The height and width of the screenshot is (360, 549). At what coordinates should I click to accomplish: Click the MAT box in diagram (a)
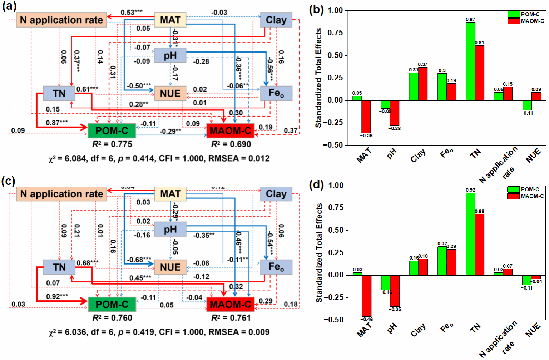170,20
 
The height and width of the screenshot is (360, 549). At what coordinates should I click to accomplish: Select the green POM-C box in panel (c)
112,305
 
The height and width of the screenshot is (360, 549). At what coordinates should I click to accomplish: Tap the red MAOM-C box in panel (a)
230,131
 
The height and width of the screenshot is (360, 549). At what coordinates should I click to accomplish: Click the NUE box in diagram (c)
170,267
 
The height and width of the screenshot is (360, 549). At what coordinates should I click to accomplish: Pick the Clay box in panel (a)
276,20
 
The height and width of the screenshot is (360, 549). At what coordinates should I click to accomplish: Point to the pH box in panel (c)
170,229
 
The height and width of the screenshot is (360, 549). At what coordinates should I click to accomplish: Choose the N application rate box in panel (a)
61,20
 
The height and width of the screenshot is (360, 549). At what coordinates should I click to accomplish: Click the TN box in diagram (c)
59,267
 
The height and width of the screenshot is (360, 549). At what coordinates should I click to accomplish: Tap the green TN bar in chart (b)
470,61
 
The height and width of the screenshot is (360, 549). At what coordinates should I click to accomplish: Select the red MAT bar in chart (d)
366,296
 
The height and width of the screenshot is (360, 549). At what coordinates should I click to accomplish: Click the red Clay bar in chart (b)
423,84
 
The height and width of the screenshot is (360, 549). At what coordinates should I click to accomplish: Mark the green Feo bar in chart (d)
442,261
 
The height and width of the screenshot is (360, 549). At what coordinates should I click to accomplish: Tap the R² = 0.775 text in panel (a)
112,144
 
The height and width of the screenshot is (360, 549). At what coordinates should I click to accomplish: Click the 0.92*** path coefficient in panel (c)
57,296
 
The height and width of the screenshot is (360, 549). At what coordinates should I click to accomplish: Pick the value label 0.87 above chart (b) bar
470,19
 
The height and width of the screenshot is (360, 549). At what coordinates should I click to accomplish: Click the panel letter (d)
316,185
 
